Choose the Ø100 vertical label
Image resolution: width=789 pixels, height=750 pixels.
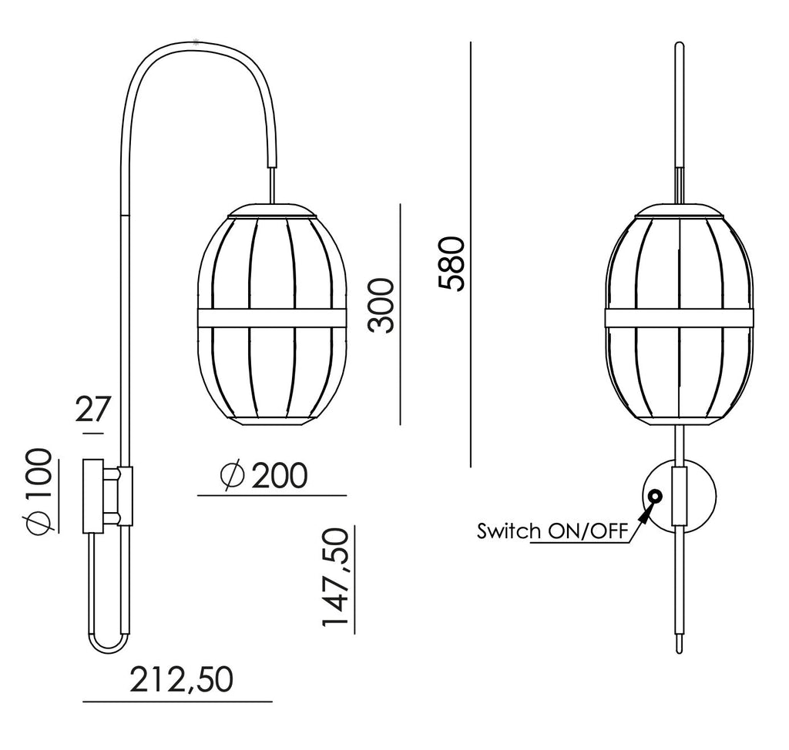(39, 489)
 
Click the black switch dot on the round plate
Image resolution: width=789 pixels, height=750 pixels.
(655, 497)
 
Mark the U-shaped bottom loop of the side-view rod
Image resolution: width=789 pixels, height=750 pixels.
(108, 644)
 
